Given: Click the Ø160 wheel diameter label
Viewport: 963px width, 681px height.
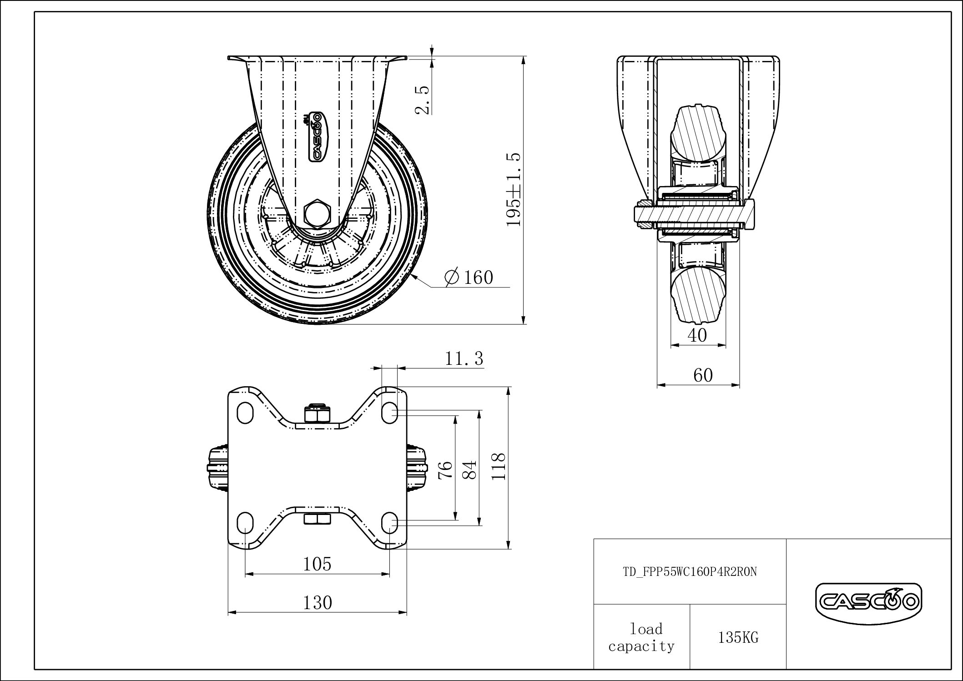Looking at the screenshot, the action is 469,277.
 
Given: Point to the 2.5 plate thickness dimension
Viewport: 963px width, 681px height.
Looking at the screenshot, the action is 422,100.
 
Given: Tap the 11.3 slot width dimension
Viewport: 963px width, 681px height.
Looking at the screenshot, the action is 464,359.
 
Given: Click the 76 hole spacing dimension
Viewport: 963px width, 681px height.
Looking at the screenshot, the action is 447,469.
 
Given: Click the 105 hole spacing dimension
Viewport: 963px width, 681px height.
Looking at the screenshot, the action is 317,564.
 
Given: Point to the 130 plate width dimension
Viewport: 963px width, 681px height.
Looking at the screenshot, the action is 317,603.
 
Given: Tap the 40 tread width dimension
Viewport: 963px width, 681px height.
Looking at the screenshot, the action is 697,335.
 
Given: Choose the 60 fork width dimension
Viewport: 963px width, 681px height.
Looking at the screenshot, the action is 703,375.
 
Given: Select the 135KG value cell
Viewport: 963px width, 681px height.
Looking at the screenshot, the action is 738,638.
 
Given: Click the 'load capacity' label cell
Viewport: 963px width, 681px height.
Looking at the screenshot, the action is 641,637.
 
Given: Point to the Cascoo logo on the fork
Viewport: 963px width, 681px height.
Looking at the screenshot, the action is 316,136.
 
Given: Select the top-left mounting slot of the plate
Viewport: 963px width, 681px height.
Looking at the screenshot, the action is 245,413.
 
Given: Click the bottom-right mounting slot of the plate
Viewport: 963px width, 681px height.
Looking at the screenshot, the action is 390,522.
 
